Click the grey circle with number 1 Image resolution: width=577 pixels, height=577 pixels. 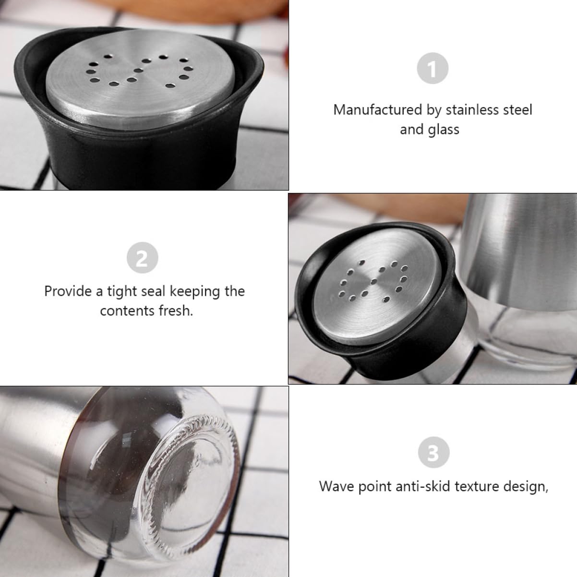click(x=433, y=69)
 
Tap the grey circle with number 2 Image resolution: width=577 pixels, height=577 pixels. click(x=142, y=258)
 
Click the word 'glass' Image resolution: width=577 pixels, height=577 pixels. click(x=444, y=130)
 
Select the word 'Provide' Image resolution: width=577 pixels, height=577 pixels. click(x=68, y=291)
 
